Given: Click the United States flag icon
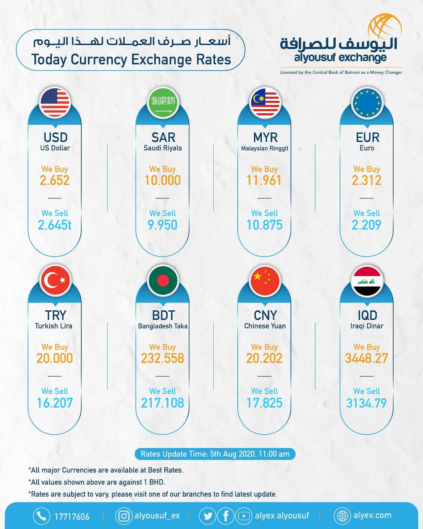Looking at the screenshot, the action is point(55,103).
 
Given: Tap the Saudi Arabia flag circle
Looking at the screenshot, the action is point(163,103).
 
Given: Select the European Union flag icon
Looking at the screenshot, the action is point(367,103).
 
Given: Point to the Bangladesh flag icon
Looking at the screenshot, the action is point(163,281).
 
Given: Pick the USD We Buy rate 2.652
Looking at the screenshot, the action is point(55,180).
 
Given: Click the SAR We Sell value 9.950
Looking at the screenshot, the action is point(162,225).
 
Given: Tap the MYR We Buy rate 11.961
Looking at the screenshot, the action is point(264,180).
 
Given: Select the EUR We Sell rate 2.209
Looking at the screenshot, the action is point(366,225).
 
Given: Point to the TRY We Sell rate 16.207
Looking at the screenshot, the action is point(55,403).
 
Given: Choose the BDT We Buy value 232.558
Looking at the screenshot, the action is point(162,358).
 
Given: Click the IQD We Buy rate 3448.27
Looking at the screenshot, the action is point(366,358).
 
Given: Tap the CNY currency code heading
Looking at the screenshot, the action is point(265,315).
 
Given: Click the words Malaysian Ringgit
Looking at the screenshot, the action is point(265,148).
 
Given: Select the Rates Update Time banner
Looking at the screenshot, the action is point(215,454).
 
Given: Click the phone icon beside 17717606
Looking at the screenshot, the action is point(42,515).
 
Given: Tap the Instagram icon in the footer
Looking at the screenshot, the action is point(124,516).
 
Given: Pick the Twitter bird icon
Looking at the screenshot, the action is point(208,516).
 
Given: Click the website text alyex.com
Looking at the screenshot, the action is point(372,515).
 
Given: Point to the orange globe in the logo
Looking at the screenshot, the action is point(385,29).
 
